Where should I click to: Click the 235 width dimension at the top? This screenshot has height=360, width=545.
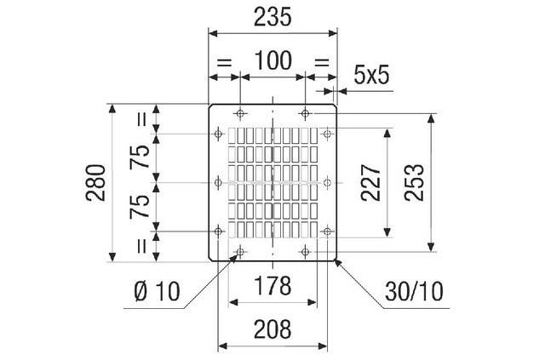[x=272, y=17]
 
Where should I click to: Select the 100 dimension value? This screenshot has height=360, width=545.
[x=272, y=60]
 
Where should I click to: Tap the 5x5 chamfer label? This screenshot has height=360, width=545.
[x=371, y=75]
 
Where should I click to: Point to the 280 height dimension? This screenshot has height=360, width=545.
[x=96, y=183]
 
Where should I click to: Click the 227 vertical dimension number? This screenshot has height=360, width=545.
[x=371, y=183]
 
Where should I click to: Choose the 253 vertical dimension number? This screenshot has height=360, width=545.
[x=415, y=183]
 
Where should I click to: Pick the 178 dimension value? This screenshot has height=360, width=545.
[x=272, y=286]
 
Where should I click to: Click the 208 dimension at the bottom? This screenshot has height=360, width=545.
[x=272, y=329]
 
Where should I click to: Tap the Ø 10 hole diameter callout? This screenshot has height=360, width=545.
[x=157, y=291]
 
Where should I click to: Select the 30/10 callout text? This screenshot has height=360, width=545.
[x=414, y=291]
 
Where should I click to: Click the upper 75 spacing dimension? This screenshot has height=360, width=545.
[x=140, y=157]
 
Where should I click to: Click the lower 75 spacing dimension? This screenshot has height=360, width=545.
[x=140, y=207]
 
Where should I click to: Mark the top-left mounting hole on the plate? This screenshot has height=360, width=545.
[x=240, y=113]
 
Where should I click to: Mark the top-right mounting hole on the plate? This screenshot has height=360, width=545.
[x=305, y=113]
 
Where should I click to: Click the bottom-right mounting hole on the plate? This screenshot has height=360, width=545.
[x=305, y=252]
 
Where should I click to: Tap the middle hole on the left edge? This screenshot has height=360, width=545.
[x=218, y=182]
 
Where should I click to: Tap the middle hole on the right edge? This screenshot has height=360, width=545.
[x=327, y=182]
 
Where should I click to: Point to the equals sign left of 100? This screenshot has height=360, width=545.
[x=224, y=63]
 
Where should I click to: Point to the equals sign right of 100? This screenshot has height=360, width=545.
[x=322, y=63]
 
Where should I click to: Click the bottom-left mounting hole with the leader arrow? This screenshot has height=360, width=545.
[x=240, y=252]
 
